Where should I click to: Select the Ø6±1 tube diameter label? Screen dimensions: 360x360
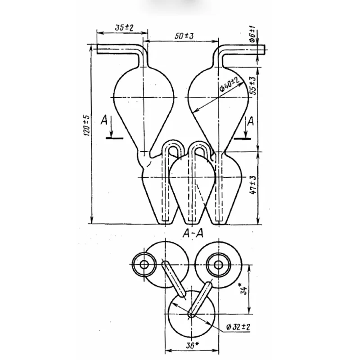[x=252, y=33]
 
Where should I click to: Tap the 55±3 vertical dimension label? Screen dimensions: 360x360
[x=253, y=85]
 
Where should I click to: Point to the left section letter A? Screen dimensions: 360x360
[x=104, y=121]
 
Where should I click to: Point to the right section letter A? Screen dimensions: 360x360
[x=251, y=121]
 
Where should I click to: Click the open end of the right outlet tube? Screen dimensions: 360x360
[x=265, y=49]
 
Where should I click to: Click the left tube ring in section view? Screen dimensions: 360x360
[x=144, y=265]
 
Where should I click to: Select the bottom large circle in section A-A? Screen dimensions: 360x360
[x=191, y=315]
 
